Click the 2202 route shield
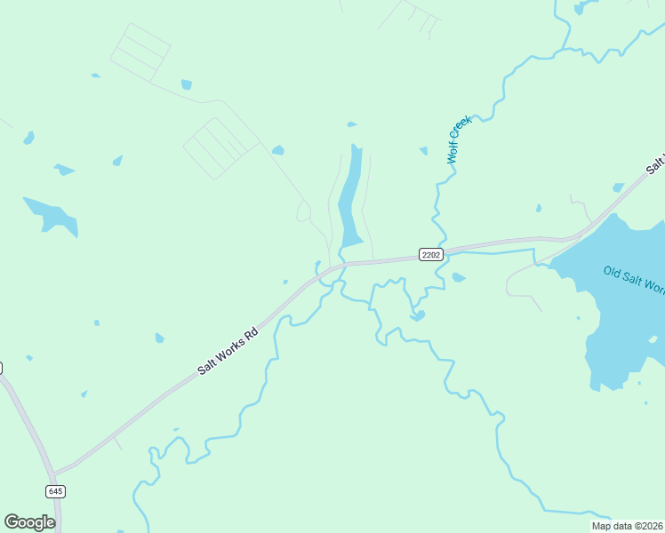click(431, 255)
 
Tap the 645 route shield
click(56, 491)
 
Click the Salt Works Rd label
click(228, 350)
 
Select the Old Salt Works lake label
click(633, 279)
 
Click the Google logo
click(29, 522)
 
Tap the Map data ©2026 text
click(627, 526)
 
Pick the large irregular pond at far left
click(52, 217)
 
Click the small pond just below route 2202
click(458, 278)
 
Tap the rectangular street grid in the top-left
click(140, 52)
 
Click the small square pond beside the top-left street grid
click(187, 85)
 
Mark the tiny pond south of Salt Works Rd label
click(159, 338)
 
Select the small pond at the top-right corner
click(582, 7)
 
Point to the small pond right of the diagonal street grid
click(278, 150)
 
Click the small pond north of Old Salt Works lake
click(619, 187)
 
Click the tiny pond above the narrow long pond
click(351, 124)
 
